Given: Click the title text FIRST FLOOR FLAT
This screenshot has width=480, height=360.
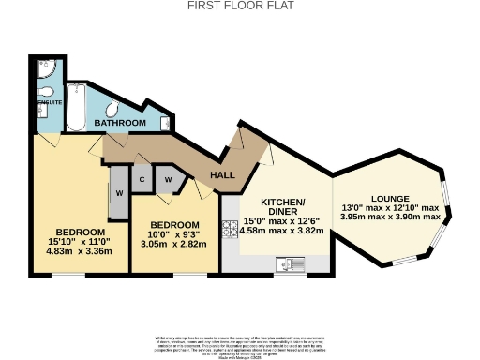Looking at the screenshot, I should point(240,6).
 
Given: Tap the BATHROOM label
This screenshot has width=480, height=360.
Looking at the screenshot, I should point(119,123).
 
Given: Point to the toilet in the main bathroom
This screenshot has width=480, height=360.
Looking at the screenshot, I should point(111,105).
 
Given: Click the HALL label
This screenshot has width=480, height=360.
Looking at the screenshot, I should point(222,175).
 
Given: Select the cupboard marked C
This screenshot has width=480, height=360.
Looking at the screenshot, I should point(142,179).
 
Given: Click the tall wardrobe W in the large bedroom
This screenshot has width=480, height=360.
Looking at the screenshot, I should point(119,193).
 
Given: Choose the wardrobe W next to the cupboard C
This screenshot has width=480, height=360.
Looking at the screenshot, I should point(169,179).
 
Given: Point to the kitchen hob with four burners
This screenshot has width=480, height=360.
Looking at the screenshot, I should point(230,228).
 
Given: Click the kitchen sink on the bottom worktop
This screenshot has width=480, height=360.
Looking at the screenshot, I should point(286,264).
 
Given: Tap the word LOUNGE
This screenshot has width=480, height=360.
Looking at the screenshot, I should point(389,198).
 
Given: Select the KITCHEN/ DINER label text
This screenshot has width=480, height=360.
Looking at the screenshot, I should point(282,206).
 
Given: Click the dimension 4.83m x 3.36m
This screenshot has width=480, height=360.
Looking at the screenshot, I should point(80,250).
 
